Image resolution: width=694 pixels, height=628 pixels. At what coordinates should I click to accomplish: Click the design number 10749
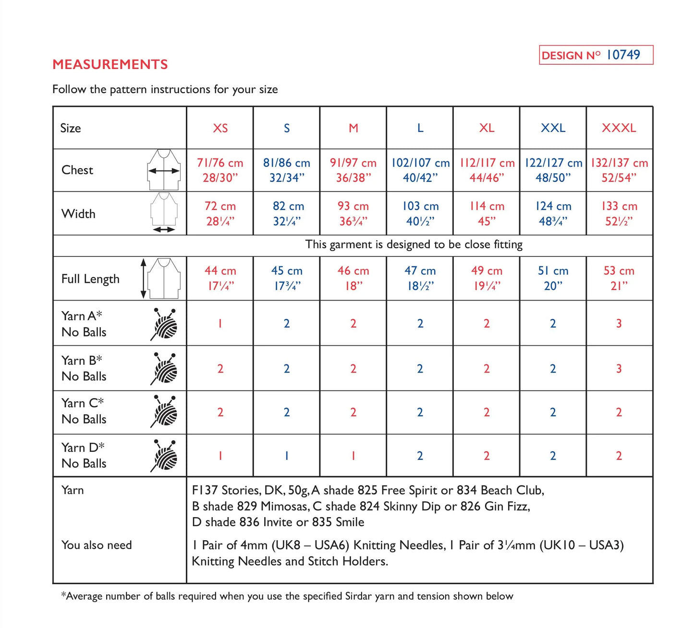point(623,55)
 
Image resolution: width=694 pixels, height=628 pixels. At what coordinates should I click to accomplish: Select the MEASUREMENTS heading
point(110,64)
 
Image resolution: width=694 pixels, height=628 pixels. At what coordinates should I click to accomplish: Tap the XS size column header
point(220,128)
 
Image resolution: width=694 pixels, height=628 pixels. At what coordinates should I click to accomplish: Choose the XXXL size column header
point(619,128)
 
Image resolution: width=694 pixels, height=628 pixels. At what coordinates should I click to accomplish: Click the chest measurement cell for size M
point(353,170)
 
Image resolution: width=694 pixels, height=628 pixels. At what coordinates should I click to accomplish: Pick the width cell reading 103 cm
point(420,213)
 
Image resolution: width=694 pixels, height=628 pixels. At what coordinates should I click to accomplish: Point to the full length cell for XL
point(486,278)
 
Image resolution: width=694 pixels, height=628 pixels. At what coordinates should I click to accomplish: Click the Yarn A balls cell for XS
point(220,323)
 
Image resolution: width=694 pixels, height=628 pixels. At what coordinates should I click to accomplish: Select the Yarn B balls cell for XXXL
point(619,369)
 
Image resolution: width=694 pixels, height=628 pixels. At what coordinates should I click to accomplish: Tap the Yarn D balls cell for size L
point(420,456)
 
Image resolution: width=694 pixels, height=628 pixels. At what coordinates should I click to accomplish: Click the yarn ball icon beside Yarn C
point(164,411)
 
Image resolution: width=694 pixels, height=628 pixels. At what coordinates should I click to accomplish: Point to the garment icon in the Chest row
point(164,169)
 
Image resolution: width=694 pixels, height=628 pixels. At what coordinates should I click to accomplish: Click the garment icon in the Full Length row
point(164,278)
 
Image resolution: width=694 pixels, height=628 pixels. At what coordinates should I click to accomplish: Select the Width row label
point(78,214)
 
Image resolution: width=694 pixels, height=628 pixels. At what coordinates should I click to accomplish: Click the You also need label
point(97,545)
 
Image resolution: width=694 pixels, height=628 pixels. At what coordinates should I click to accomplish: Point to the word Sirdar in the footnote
point(358,596)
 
